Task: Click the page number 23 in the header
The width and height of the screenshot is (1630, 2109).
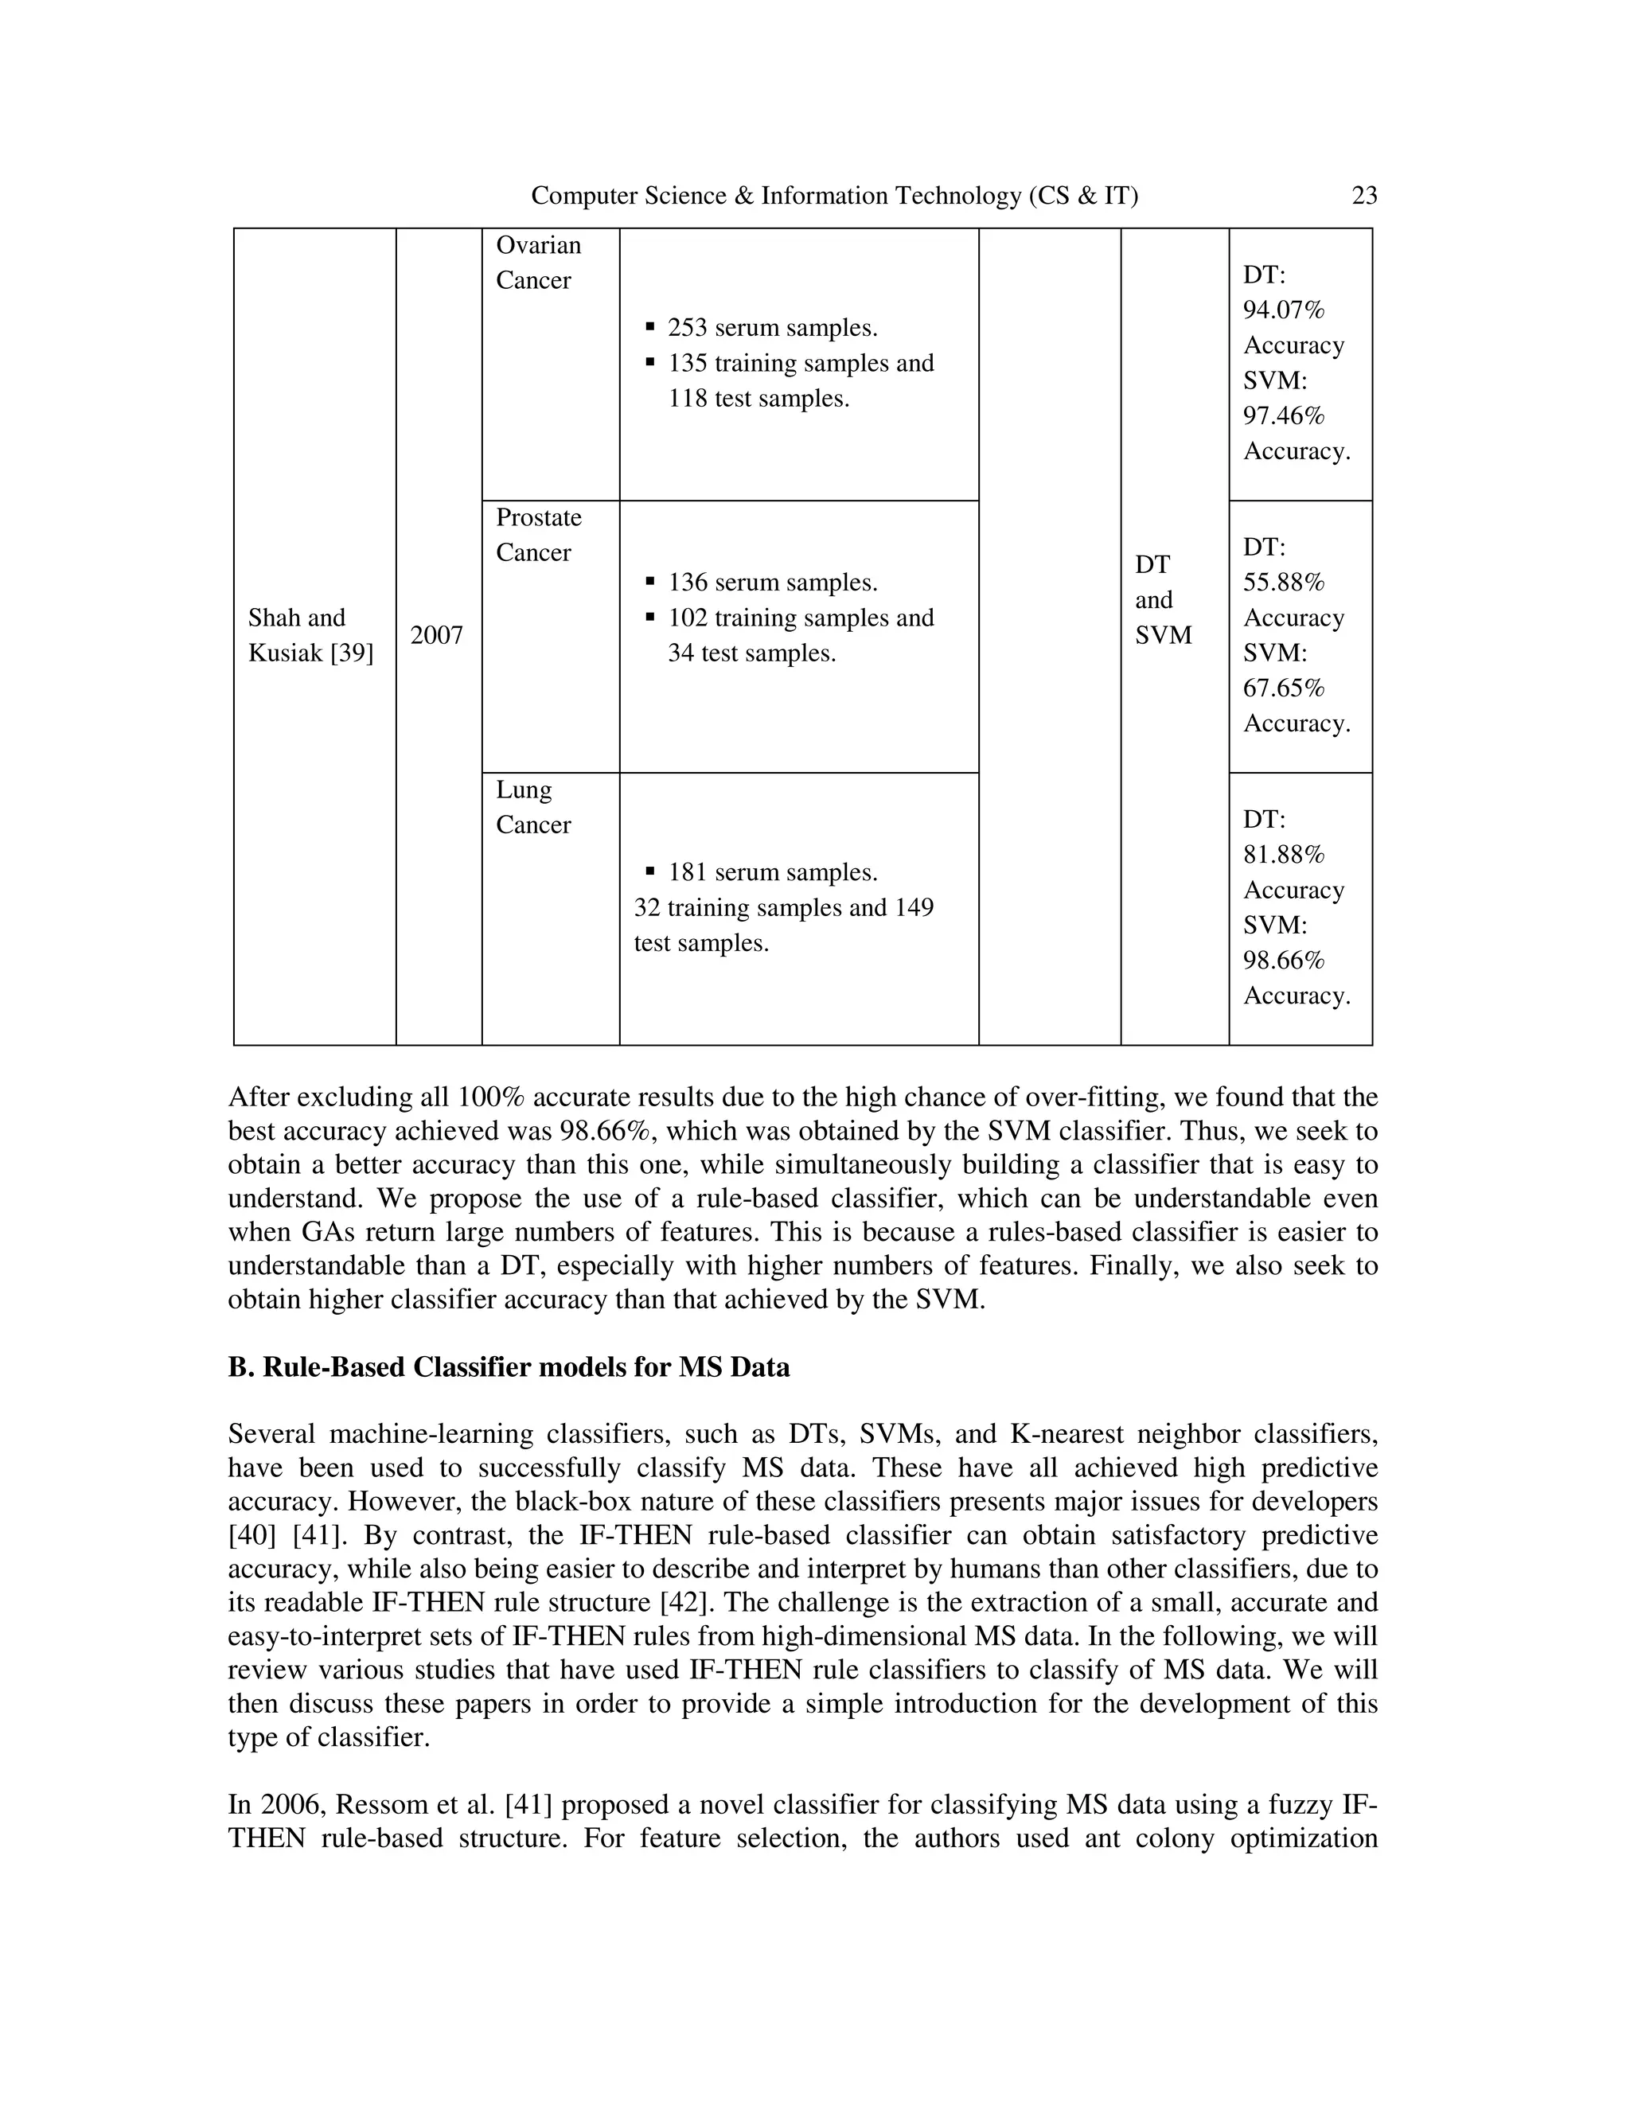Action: [1363, 196]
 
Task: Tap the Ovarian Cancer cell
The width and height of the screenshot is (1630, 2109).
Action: [538, 263]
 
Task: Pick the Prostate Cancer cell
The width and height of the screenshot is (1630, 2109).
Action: [538, 535]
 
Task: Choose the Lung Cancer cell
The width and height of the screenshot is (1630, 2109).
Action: [533, 807]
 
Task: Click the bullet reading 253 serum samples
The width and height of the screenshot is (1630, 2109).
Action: [771, 329]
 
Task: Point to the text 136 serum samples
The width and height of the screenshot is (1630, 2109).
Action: [771, 583]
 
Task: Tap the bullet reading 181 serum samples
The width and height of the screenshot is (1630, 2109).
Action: [771, 873]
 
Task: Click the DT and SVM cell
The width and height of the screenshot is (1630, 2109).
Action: [1163, 601]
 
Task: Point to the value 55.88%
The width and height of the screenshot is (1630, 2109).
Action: [1283, 583]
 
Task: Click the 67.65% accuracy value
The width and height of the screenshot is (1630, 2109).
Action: [1283, 688]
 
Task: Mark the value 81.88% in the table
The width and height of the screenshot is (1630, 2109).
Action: [1283, 856]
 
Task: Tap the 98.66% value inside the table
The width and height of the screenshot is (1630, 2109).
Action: [1283, 961]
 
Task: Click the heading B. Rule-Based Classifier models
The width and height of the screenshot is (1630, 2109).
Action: [508, 1367]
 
